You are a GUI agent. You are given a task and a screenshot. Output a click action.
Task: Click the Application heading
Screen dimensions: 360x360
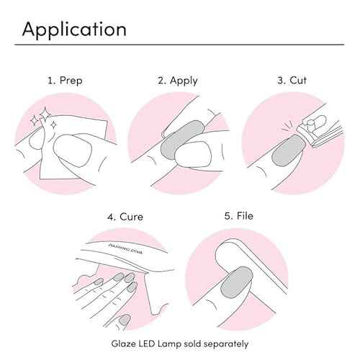pyautogui.click(x=74, y=30)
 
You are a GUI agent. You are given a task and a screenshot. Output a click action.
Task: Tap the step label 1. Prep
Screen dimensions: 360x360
pyautogui.click(x=65, y=81)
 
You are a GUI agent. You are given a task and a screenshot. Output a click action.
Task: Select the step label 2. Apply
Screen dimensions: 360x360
pyautogui.click(x=178, y=81)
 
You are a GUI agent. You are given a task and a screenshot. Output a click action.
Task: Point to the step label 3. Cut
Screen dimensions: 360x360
pyautogui.click(x=292, y=80)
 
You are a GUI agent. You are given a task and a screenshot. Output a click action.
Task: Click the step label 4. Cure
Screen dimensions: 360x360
pyautogui.click(x=125, y=217)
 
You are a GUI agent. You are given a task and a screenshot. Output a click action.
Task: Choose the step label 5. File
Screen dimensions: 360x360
pyautogui.click(x=239, y=216)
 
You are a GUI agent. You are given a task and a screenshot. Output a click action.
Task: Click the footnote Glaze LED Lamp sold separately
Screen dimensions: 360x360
pyautogui.click(x=180, y=343)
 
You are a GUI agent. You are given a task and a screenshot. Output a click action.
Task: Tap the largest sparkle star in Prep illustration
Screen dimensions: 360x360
pyautogui.click(x=45, y=114)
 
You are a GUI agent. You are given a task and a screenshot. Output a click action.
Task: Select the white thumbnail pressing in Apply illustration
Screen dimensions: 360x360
pyautogui.click(x=193, y=154)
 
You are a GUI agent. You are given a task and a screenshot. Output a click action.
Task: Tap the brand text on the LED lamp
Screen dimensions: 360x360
pyautogui.click(x=125, y=248)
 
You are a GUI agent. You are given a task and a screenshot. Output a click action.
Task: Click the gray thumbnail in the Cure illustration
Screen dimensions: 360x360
pyautogui.click(x=125, y=320)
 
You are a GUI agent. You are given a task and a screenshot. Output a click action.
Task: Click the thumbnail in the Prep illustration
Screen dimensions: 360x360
pyautogui.click(x=72, y=150)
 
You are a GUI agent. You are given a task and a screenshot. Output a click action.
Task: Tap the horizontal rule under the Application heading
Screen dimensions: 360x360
pyautogui.click(x=179, y=45)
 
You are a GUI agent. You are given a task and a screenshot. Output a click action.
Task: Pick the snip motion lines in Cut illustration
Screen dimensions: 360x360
pyautogui.click(x=288, y=127)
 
